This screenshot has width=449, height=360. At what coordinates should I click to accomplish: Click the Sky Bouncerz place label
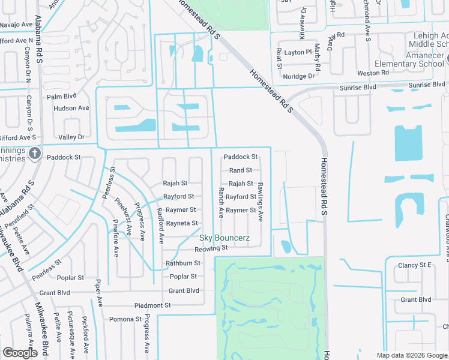click(224, 238)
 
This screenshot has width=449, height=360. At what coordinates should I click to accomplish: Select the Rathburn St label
click(182, 263)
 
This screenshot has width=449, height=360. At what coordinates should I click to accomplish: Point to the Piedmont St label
click(152, 305)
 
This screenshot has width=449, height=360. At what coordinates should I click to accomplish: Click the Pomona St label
click(124, 319)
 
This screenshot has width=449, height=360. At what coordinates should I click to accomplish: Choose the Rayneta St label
click(182, 223)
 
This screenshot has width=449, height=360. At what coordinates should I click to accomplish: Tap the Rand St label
click(241, 170)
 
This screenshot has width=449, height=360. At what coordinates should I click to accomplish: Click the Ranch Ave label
click(221, 203)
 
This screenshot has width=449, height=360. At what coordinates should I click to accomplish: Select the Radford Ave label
click(160, 226)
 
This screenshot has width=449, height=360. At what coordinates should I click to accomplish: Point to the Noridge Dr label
click(299, 76)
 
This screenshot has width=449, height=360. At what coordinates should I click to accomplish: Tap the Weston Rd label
click(373, 73)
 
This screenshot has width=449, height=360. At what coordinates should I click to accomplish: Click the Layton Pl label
click(298, 52)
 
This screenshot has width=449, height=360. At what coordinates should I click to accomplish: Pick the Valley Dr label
click(72, 137)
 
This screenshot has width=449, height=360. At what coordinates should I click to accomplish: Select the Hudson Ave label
click(71, 108)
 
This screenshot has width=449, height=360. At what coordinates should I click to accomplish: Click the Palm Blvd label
click(62, 96)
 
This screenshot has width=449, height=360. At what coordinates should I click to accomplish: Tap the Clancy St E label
click(415, 265)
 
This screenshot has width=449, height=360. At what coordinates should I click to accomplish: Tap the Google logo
click(20, 353)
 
